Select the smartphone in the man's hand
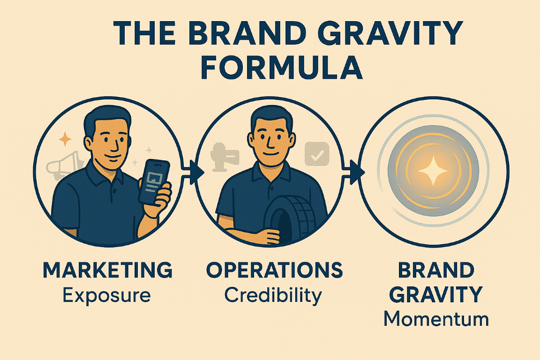(154, 181)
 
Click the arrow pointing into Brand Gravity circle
(356, 172)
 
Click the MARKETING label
(107, 271)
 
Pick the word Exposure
(107, 295)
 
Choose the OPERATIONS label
(274, 271)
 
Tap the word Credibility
(273, 295)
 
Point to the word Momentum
(436, 320)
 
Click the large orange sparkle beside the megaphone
(65, 139)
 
